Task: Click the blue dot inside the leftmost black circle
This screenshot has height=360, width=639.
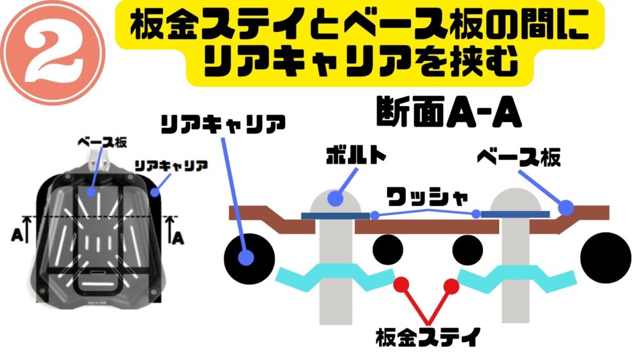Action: pos(245,258)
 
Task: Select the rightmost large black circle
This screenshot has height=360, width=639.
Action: pos(606,256)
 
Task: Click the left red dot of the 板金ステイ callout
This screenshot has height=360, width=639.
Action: pos(401,283)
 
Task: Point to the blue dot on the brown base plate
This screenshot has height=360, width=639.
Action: pos(566,207)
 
